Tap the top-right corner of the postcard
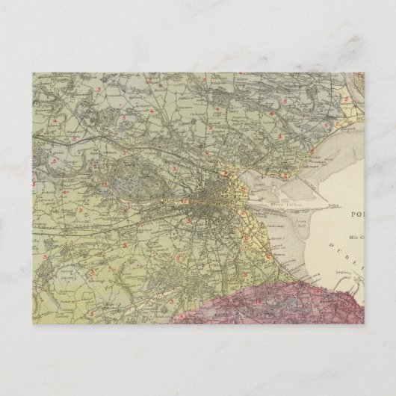coord(365,71)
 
